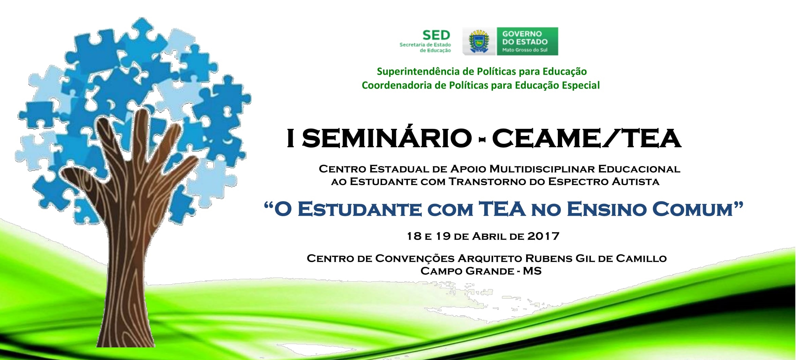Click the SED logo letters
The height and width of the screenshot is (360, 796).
pos(436,35)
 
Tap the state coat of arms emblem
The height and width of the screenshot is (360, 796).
pos(479,42)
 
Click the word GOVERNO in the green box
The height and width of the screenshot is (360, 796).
pos(522,34)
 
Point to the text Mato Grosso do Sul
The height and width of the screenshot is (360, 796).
pos(525,50)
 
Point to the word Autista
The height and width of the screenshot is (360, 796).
pos(636,181)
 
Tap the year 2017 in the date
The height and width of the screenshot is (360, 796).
pos(543,236)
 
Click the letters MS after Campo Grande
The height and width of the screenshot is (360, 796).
pos(532,271)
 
